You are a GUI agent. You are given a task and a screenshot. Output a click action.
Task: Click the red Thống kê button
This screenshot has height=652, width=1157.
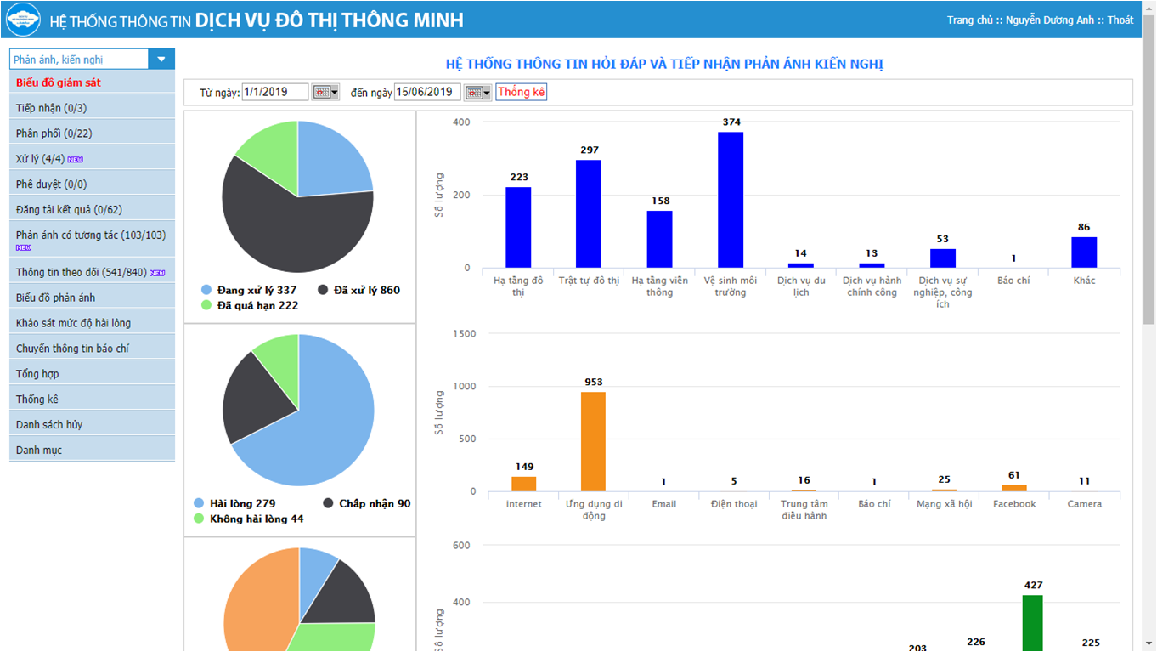point(521,92)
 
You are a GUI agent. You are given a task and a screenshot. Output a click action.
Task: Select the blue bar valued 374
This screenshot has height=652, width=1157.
point(731,200)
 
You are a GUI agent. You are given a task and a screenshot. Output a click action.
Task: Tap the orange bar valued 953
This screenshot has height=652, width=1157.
point(593,441)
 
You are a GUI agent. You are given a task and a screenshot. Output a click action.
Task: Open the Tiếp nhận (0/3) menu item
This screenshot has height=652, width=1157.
point(51,108)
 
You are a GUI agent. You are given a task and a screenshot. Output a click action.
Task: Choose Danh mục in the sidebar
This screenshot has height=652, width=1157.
point(39,450)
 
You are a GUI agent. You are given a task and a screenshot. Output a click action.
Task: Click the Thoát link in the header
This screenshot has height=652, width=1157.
point(1120,20)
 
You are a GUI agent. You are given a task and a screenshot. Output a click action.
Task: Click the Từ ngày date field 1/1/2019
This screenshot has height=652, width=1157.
point(274,92)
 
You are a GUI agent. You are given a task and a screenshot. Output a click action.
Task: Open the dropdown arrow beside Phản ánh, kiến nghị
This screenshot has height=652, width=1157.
point(161,59)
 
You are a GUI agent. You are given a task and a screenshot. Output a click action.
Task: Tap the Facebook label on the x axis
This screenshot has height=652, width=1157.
point(1014,504)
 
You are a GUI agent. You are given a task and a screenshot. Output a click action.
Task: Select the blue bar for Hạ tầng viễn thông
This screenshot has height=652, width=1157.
point(659,239)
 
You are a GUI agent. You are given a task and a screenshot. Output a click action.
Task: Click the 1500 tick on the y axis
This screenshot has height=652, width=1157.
point(464,333)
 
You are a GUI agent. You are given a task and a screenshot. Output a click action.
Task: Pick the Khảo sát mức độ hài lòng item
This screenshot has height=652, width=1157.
point(73,323)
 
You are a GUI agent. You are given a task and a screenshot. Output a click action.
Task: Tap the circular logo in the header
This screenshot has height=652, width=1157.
point(24,20)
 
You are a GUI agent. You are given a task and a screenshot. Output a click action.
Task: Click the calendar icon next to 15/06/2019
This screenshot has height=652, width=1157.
point(477,93)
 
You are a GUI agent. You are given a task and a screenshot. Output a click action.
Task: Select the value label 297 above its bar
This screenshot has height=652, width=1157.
point(590,150)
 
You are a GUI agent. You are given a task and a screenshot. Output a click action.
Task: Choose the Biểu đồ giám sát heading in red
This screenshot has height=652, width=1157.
point(59,82)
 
